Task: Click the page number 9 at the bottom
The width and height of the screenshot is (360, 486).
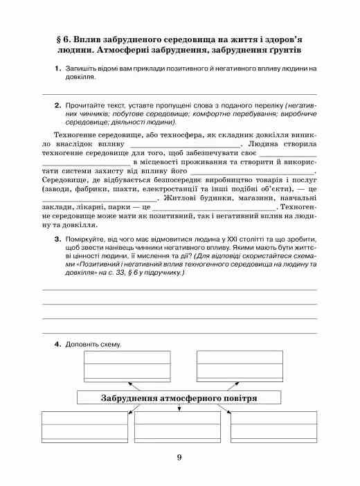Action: (x=179, y=456)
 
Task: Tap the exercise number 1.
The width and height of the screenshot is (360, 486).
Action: (x=56, y=69)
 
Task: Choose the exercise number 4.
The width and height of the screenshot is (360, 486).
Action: (x=56, y=344)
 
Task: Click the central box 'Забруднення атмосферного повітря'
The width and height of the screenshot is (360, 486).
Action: (x=179, y=399)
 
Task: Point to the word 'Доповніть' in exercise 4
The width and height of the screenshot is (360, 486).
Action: (x=82, y=344)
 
